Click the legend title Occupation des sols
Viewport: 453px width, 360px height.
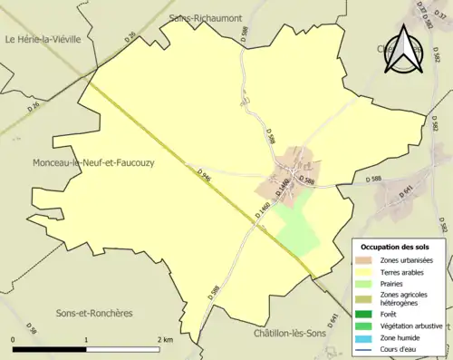(x=395, y=247)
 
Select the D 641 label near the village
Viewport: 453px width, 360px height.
(x=406, y=191)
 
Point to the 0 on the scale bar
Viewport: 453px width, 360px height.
(x=14, y=339)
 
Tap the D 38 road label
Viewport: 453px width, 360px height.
(x=33, y=328)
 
